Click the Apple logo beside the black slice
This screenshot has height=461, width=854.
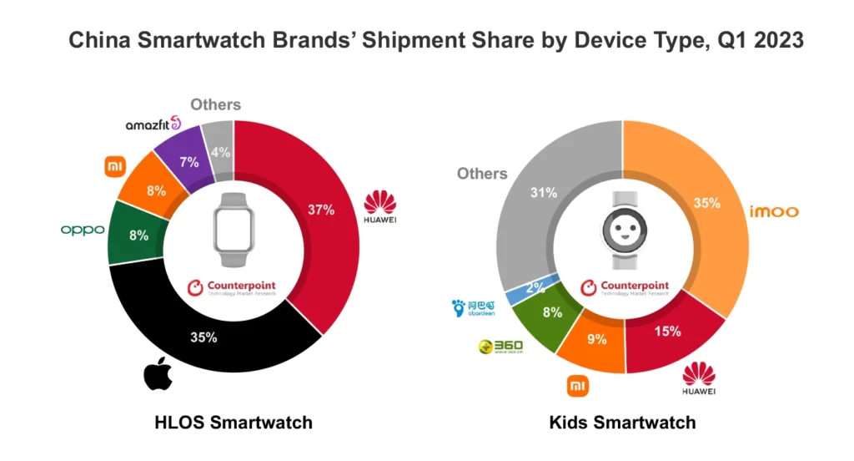158,373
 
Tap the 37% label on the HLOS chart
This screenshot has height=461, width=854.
320,210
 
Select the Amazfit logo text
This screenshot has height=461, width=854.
153,124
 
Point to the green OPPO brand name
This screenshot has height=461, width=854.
82,230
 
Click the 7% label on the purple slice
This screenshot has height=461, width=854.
188,161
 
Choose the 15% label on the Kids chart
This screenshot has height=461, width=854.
667,331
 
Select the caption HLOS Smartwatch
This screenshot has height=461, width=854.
234,423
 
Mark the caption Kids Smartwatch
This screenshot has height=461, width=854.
622,423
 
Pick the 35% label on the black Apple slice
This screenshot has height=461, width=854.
203,337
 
